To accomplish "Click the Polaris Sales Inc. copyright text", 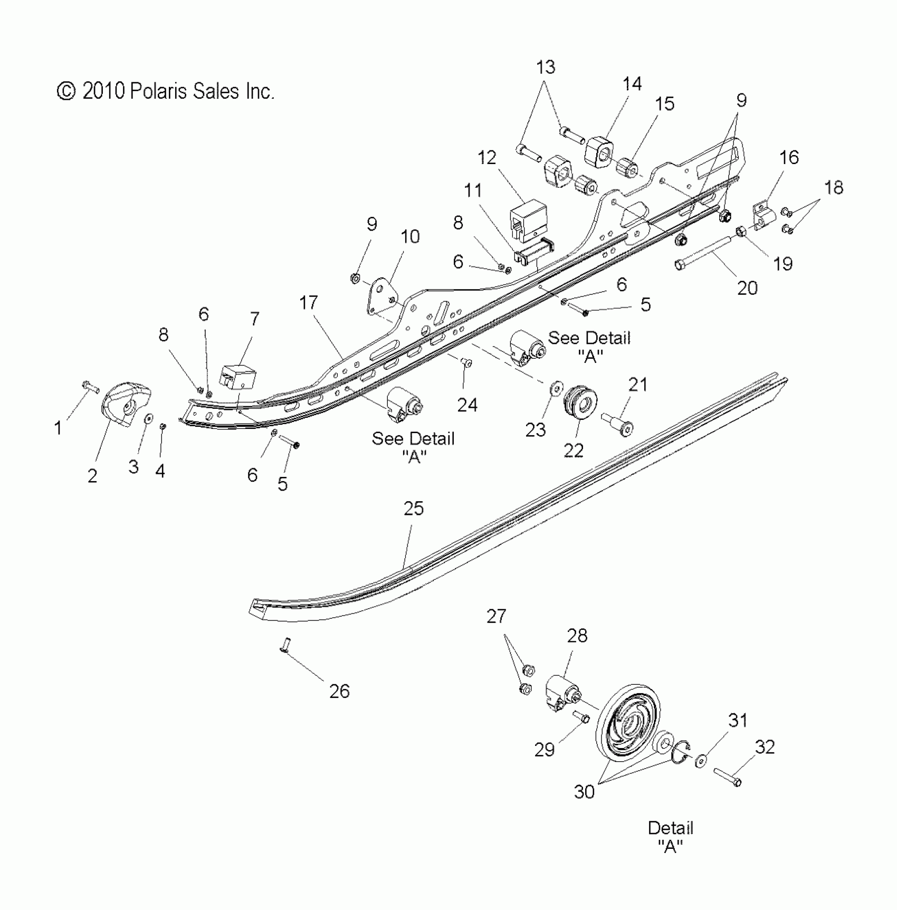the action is click(x=165, y=91).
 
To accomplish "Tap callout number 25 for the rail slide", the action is click(x=414, y=509).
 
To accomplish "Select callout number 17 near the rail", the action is click(x=309, y=303).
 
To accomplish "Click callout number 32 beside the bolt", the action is click(x=765, y=747).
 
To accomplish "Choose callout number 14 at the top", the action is click(x=632, y=84).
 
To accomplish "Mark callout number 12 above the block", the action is click(x=487, y=158).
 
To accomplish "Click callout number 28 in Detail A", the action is click(x=577, y=636).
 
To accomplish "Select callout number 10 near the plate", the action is click(x=410, y=236).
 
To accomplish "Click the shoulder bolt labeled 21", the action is click(x=618, y=424).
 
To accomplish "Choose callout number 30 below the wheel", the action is click(x=584, y=791).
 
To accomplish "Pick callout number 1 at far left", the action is click(x=58, y=428).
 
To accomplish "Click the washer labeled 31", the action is click(x=701, y=761).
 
